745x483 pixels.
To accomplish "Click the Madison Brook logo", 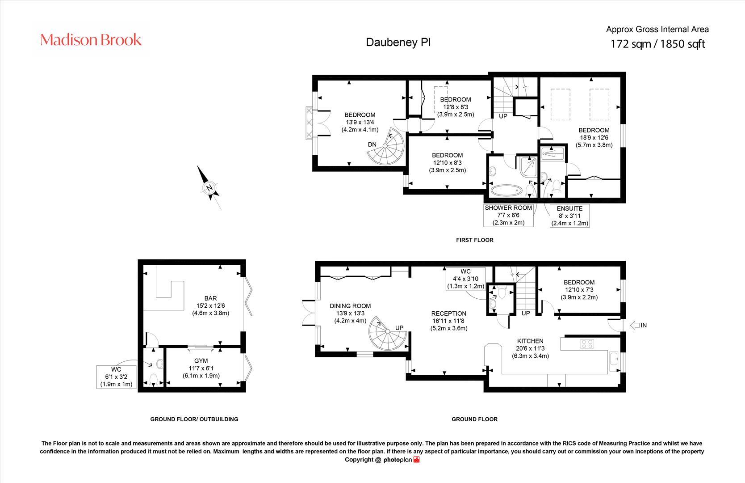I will click(x=91, y=40).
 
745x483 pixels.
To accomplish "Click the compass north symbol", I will click(x=209, y=188).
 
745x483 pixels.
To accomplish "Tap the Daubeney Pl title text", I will click(x=398, y=42).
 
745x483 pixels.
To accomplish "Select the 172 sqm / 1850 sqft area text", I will click(x=657, y=44).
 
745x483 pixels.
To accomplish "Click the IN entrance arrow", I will click(x=638, y=325).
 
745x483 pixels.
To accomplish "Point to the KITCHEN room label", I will click(x=530, y=341).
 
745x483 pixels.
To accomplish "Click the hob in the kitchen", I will click(x=586, y=344).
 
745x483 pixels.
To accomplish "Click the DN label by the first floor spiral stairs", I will click(x=372, y=144).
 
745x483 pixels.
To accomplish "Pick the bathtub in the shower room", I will click(x=506, y=191).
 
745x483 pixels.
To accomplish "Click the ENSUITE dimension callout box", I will click(x=569, y=216).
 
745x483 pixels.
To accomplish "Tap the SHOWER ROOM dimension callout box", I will click(x=508, y=215).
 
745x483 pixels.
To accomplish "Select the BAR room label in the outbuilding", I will click(x=210, y=298).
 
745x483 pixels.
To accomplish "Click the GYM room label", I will click(x=201, y=360).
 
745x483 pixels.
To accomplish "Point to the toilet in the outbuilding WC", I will click(x=153, y=380).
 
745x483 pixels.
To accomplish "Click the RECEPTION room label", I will click(x=448, y=314).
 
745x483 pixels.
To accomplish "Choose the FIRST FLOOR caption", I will click(x=474, y=240).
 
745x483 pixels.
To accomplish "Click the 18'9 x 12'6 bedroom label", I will click(x=594, y=137).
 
